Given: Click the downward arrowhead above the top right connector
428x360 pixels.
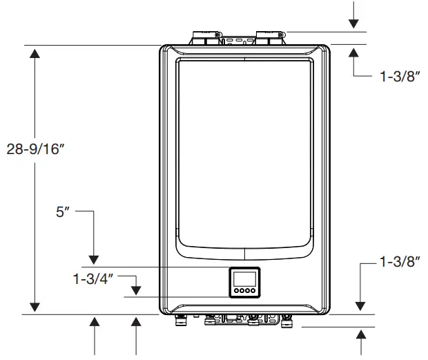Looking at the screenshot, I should click(353, 23).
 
